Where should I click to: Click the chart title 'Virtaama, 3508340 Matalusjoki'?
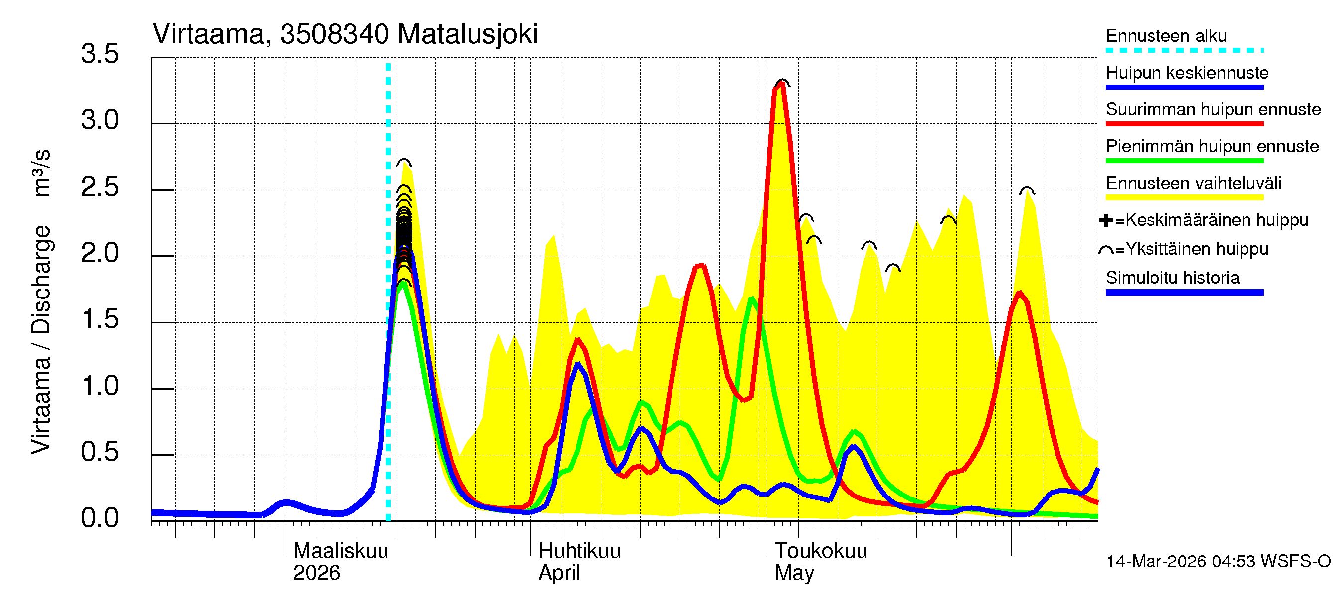[x=345, y=34]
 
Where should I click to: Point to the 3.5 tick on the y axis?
[x=99, y=54]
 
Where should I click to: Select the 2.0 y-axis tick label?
[x=99, y=253]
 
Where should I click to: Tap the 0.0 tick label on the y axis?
[x=99, y=518]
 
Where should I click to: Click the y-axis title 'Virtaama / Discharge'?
[x=41, y=339]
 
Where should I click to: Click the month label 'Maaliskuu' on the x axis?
[x=341, y=551]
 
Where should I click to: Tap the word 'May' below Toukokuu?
[x=794, y=573]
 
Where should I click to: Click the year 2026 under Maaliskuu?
[x=316, y=573]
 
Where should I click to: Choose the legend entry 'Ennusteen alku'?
[x=1166, y=36]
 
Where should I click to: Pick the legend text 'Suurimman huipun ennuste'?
[x=1213, y=109]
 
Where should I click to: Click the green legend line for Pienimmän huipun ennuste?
[x=1184, y=161]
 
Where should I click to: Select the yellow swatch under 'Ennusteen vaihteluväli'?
[x=1184, y=197]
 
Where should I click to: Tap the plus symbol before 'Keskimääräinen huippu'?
[x=1105, y=220]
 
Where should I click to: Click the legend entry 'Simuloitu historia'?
[x=1172, y=278]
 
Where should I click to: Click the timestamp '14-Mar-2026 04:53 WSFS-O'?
[x=1218, y=561]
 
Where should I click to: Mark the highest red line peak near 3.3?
[x=781, y=85]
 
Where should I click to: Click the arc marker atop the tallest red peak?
[x=782, y=82]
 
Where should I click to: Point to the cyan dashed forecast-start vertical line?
[x=388, y=292]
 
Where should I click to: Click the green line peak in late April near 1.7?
[x=751, y=299]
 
